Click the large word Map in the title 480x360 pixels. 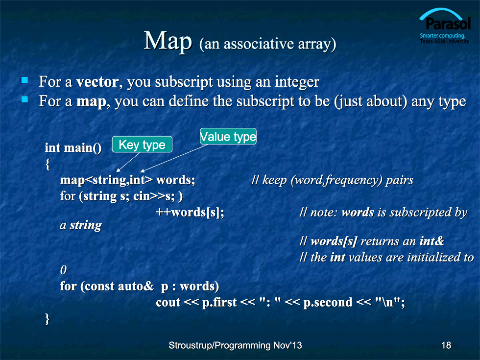[168, 41]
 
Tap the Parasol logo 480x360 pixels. [445, 26]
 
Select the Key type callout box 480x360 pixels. [142, 144]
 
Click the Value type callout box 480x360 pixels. [228, 136]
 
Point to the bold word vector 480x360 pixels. [97, 82]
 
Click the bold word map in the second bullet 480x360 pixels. [91, 101]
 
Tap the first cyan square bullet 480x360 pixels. [25, 80]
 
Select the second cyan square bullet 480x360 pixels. [25, 99]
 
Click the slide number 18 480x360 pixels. [446, 345]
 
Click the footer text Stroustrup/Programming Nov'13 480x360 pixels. [235, 345]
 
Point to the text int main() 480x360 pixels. [73, 148]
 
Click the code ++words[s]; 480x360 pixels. [190, 212]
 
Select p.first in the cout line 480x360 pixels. [219, 303]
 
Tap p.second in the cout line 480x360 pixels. [328, 303]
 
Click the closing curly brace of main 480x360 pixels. [47, 319]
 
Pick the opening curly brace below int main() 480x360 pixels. [48, 164]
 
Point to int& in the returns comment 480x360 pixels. [432, 241]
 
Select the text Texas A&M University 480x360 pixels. [445, 41]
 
